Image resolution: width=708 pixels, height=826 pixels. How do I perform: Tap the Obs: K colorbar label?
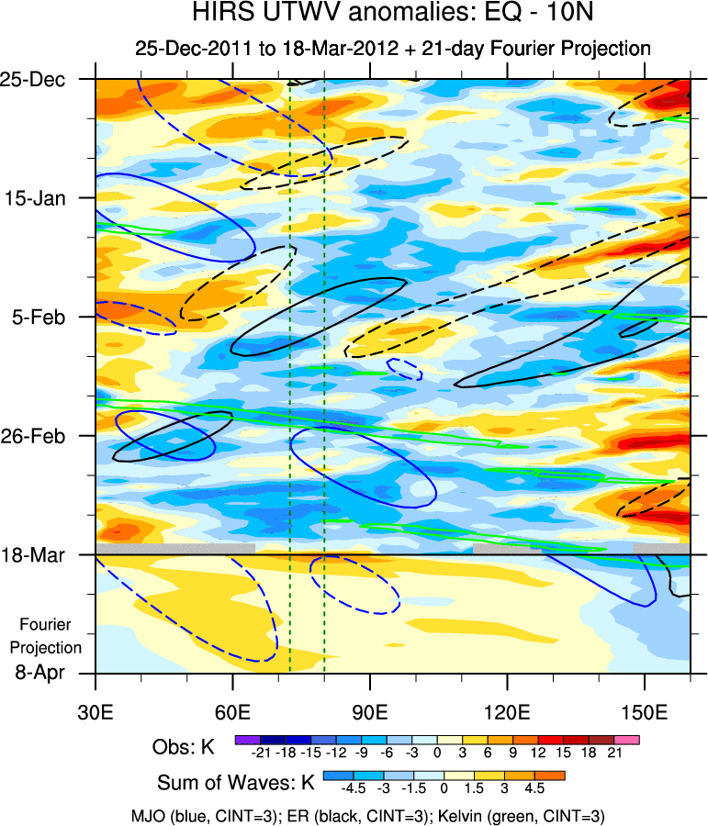coord(183,747)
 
